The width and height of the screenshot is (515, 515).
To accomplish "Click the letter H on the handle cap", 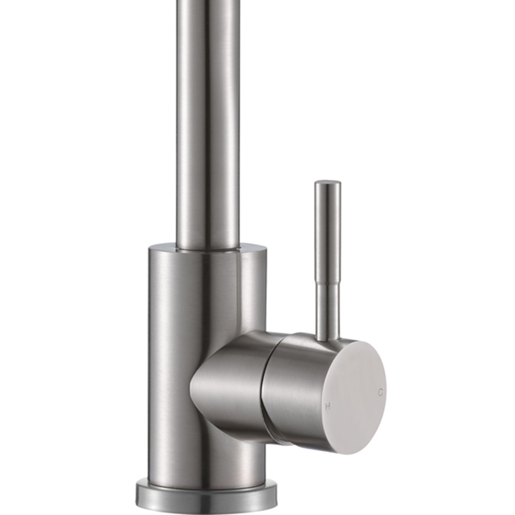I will [328, 407].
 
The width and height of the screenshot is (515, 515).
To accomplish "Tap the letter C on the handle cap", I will [380, 392].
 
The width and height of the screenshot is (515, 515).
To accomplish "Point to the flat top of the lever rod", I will [328, 182].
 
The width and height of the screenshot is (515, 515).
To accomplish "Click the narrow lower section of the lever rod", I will [328, 309].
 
